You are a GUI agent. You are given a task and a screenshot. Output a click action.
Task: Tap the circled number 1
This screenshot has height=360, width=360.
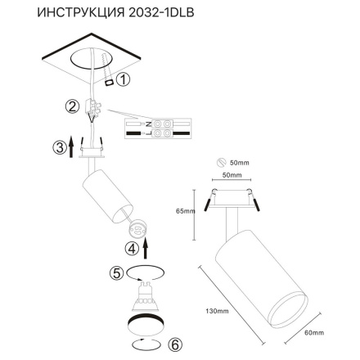pos(123,80)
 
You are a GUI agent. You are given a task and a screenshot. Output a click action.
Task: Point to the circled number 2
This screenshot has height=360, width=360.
pos(71,106)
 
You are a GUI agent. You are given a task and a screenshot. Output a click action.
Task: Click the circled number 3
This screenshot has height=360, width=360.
pos(58,148)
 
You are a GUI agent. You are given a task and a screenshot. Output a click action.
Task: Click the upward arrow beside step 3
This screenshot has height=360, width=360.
pos(72,147)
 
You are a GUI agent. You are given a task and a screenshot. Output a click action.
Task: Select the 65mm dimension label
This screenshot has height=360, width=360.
pos(185,212)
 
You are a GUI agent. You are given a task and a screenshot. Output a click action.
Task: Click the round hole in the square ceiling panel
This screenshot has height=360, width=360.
pos(85,59)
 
